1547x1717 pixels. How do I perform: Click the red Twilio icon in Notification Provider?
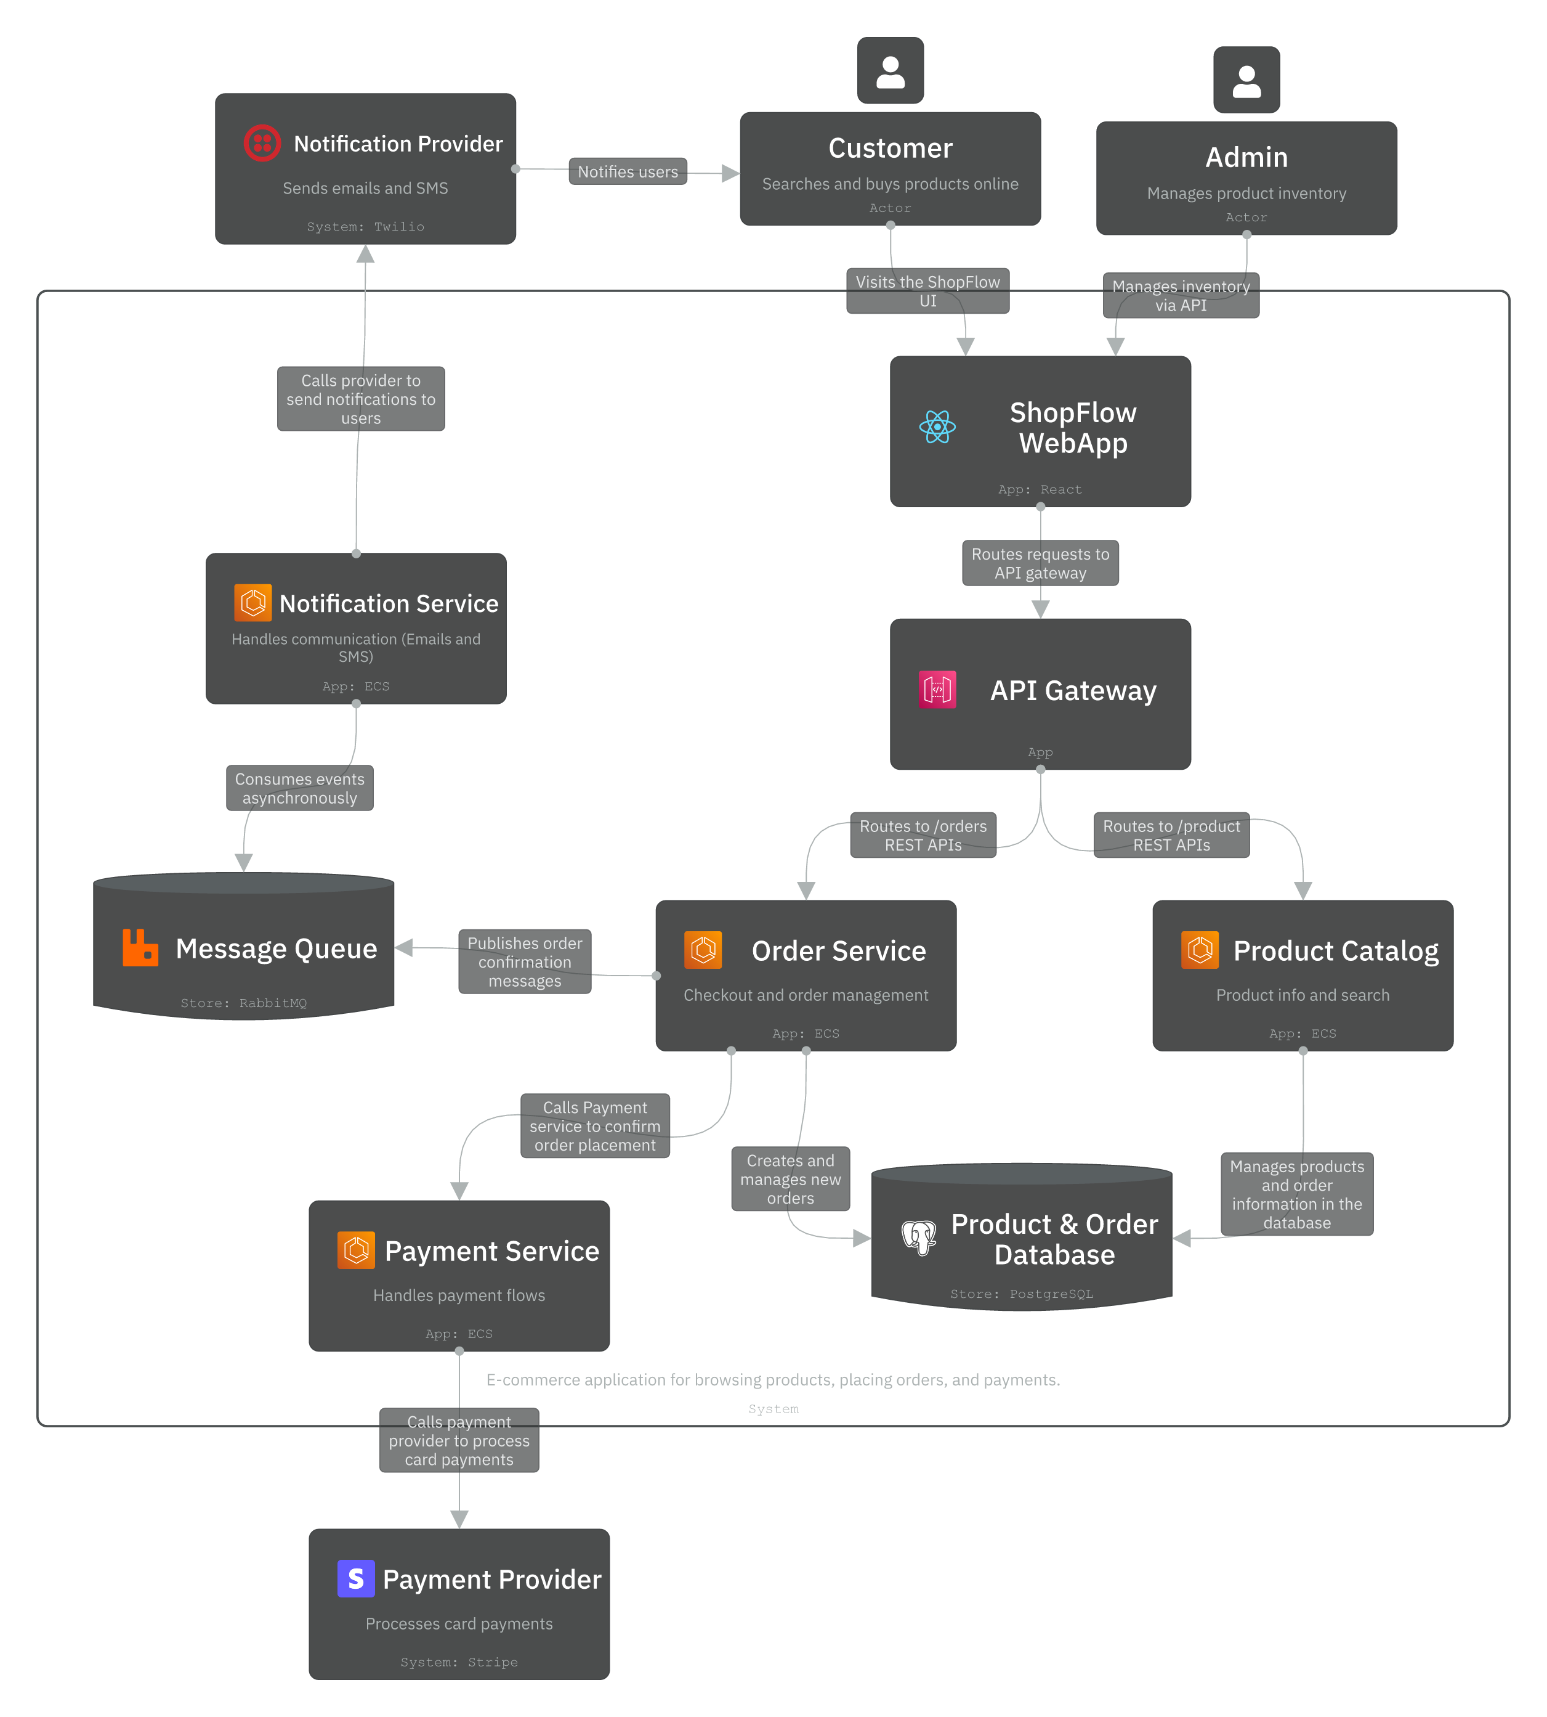[x=262, y=143]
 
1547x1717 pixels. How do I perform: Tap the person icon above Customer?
[x=890, y=71]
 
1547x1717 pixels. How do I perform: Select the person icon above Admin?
[x=1246, y=81]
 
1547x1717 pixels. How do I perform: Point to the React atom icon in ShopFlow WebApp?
[x=937, y=427]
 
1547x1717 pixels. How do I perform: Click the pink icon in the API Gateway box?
[x=937, y=690]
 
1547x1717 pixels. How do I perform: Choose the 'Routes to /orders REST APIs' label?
[x=923, y=835]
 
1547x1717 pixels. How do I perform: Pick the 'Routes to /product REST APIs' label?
[x=1171, y=835]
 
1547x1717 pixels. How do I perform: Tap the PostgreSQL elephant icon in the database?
[x=919, y=1238]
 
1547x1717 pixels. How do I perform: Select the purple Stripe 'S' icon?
[x=355, y=1578]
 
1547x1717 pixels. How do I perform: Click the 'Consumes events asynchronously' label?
[x=299, y=788]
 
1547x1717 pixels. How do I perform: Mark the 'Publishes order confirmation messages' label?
[x=525, y=962]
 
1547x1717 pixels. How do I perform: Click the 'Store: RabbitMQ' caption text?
[x=243, y=1003]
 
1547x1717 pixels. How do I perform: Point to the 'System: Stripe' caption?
[x=459, y=1662]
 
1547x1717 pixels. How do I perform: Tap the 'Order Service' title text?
[x=838, y=951]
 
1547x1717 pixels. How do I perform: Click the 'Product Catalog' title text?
[x=1335, y=951]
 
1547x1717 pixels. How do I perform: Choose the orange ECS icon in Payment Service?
[x=355, y=1250]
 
